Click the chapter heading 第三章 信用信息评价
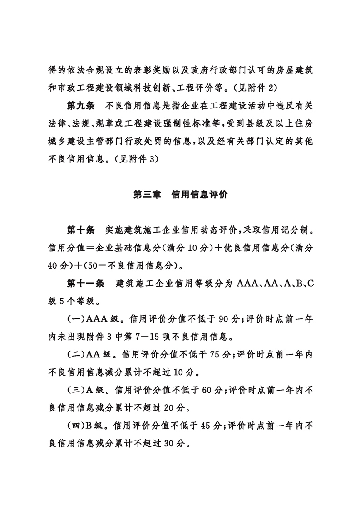coord(180,195)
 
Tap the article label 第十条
coord(80,230)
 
